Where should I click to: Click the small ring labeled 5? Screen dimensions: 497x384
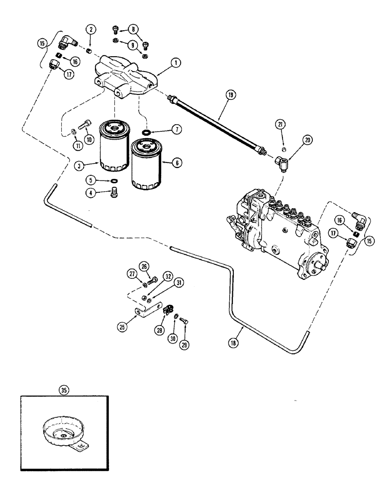tap(114, 180)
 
